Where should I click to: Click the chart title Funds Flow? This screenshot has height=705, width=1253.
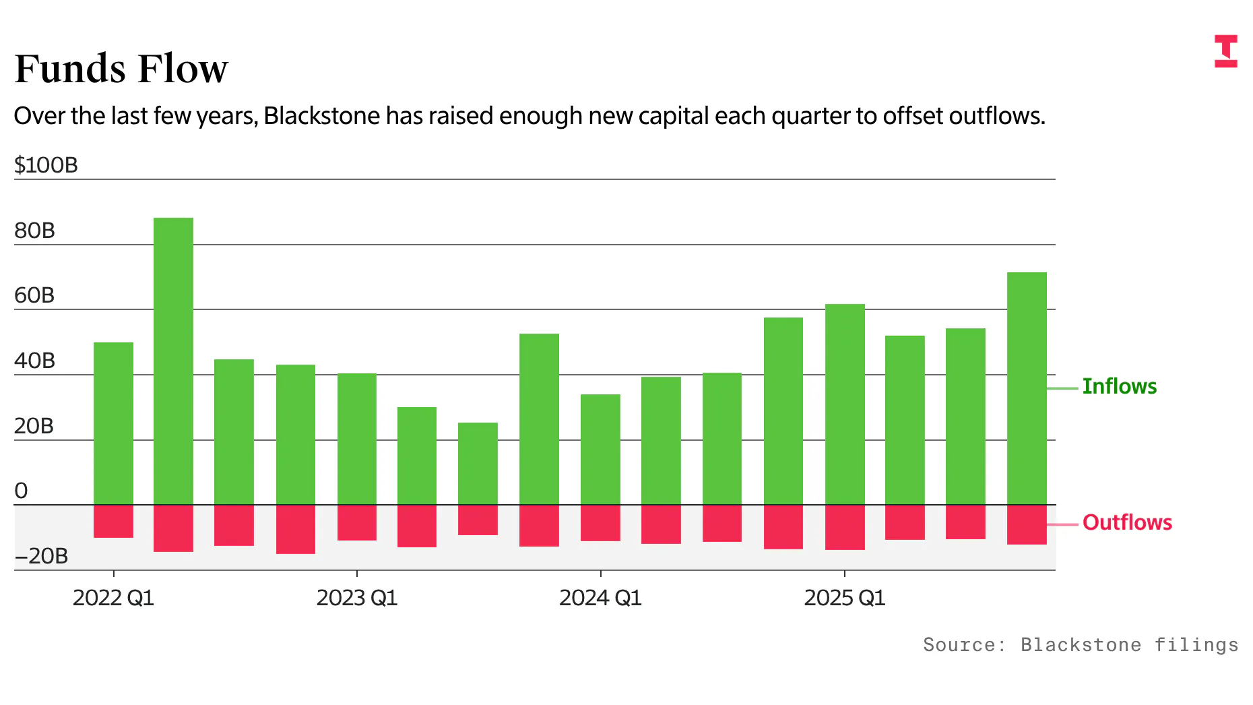tap(121, 69)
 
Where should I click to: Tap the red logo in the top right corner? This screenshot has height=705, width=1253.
tap(1225, 51)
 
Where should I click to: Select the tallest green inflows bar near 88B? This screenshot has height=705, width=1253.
tap(173, 361)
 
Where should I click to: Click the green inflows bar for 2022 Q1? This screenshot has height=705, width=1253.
tap(113, 423)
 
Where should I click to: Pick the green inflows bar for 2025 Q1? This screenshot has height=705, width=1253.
tap(845, 404)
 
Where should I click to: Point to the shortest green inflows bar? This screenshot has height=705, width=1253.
tap(478, 464)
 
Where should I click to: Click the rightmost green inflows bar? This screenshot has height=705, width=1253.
tap(1027, 388)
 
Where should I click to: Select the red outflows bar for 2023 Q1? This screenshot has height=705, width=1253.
tap(357, 522)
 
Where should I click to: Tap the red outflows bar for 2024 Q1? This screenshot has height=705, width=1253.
tap(600, 523)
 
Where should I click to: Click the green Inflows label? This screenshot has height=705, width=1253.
tap(1119, 386)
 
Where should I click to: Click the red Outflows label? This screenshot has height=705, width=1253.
tap(1127, 522)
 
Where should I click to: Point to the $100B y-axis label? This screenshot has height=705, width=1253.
tap(46, 165)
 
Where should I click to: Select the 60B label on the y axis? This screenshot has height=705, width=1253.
tap(34, 295)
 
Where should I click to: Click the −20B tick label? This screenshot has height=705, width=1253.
tap(41, 556)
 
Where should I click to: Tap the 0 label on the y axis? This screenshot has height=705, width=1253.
tap(21, 491)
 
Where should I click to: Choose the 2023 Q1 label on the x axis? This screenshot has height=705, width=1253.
tap(357, 598)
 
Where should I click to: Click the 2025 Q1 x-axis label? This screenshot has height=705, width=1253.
tap(844, 598)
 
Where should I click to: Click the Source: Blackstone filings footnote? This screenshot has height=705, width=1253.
tap(1080, 645)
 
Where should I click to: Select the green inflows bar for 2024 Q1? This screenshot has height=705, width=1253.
tap(600, 449)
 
